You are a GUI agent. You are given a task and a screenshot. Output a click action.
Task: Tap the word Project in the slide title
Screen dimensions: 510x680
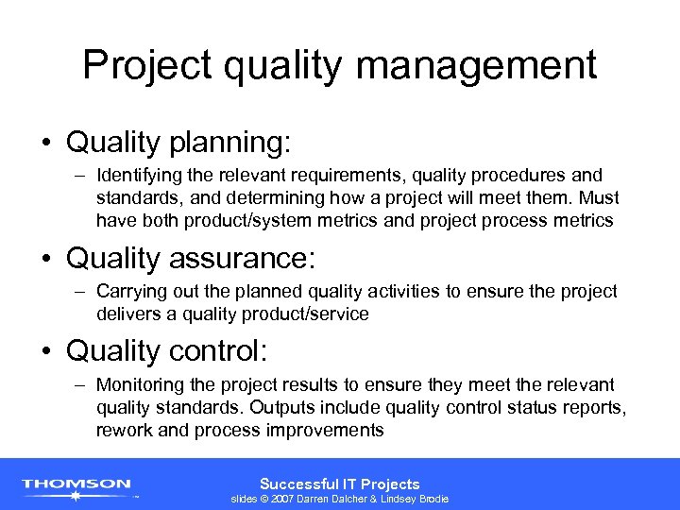point(144,65)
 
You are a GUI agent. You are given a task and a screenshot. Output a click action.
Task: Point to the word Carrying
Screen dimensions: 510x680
point(130,291)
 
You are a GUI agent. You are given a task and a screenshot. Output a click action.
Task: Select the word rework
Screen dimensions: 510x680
point(123,431)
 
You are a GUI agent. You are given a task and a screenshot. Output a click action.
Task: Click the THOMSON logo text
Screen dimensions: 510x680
point(77,484)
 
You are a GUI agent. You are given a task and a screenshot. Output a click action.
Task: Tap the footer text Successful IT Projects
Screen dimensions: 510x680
point(339,483)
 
